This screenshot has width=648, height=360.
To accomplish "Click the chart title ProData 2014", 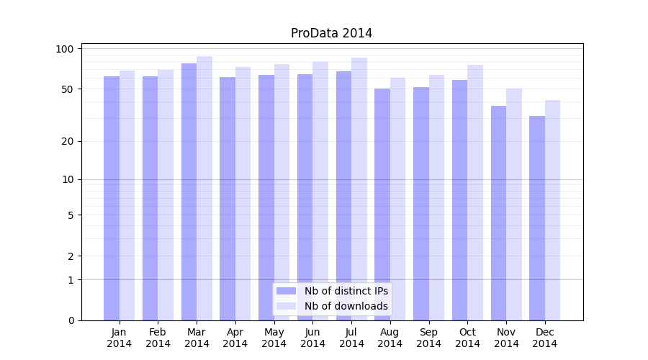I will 331,33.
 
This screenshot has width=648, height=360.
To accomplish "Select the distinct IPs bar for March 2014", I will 189,192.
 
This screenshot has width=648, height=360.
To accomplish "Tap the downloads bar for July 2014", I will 359,189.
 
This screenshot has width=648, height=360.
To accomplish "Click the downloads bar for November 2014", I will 514,204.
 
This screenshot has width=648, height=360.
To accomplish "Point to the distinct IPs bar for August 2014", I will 382,204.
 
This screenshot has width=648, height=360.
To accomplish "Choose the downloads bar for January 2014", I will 127,195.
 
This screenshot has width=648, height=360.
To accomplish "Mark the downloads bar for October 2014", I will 475,192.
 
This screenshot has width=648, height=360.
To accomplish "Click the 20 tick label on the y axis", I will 68,141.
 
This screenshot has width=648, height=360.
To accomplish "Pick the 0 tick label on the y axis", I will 71,320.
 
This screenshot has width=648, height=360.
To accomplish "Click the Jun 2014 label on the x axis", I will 312,338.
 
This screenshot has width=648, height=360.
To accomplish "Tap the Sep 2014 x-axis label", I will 428,338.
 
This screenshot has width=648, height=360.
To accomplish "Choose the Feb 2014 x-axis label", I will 158,338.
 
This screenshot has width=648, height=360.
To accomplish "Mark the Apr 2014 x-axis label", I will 235,338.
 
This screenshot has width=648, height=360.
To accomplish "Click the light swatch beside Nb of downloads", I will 287,306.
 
